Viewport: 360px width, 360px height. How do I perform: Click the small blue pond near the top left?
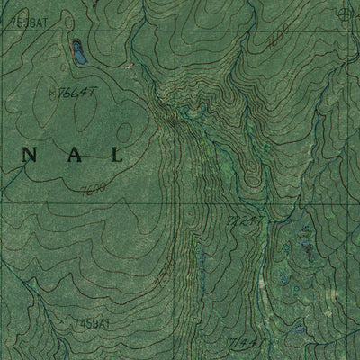[x=79, y=52]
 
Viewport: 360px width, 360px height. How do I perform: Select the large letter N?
[x=30, y=155]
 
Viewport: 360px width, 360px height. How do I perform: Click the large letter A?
[x=73, y=155]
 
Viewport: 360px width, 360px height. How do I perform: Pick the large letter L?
[x=115, y=155]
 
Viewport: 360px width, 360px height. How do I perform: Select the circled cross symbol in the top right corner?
[x=342, y=13]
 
